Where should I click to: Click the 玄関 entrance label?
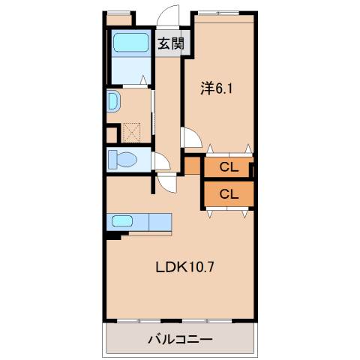click(x=171, y=43)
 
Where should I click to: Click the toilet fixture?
click(x=121, y=159)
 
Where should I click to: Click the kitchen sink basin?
click(x=122, y=221)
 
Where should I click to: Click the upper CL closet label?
click(x=228, y=167)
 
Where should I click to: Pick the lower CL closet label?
click(x=228, y=193)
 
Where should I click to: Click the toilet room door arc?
click(x=160, y=160)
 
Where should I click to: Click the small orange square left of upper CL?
click(x=193, y=165)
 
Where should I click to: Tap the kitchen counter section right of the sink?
click(x=160, y=221)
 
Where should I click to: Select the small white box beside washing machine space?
click(x=112, y=135)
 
